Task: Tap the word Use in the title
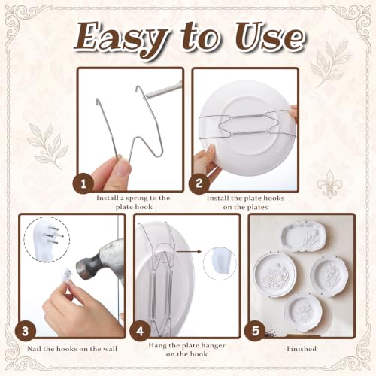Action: pos(270,38)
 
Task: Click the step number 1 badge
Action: pos(83,185)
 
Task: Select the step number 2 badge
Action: pos(199,183)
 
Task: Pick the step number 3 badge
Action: pos(26,332)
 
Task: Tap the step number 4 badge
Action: pos(140,331)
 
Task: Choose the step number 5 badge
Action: pos(255,331)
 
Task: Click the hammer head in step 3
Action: pos(100,259)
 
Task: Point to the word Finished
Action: pos(302,349)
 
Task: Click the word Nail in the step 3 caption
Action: pos(34,349)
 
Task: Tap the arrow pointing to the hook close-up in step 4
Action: pos(189,251)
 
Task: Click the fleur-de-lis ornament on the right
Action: pos(329,185)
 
